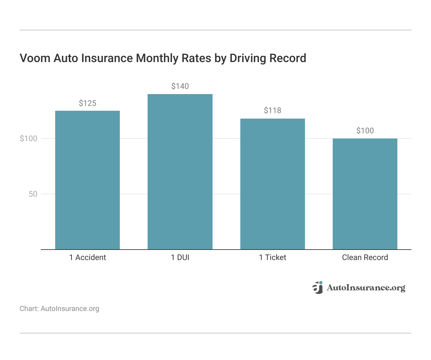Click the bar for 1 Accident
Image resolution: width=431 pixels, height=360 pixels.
coord(88,180)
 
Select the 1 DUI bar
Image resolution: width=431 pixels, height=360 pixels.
coord(180,172)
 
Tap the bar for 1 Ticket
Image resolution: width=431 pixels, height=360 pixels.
coord(272,184)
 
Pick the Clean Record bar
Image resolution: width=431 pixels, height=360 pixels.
coord(365,194)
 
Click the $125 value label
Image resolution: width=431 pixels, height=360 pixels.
coord(88,104)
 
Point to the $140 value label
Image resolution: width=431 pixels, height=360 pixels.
coord(180,86)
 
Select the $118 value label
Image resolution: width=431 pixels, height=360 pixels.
coord(272,110)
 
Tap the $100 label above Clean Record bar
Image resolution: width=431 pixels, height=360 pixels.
coord(365,131)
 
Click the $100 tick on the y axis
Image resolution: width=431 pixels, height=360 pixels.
coord(29,139)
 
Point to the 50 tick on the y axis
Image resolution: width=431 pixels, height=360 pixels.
coord(33,194)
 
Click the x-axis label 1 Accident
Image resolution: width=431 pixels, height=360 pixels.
coord(88,257)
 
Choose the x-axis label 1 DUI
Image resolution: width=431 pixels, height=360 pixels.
coord(180,257)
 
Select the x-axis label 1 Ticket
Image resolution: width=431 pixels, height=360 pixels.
coord(272,257)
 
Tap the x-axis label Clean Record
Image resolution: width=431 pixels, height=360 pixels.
coord(365,257)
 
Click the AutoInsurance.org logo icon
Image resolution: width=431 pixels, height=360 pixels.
coord(318,287)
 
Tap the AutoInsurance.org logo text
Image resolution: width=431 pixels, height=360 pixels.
coord(366,288)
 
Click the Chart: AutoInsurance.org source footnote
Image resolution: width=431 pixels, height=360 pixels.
coord(59,309)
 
